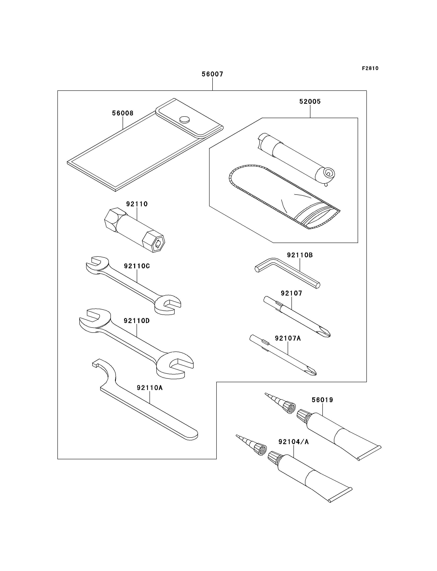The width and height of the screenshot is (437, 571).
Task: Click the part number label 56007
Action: pyautogui.click(x=212, y=74)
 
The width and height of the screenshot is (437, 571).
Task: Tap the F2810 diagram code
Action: pyautogui.click(x=370, y=68)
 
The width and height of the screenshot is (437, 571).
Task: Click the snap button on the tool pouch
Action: pyautogui.click(x=184, y=119)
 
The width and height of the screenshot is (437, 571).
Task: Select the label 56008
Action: pyautogui.click(x=123, y=113)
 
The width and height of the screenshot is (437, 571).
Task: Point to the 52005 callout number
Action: pyautogui.click(x=310, y=102)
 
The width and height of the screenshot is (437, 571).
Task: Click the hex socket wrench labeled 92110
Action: pyautogui.click(x=135, y=230)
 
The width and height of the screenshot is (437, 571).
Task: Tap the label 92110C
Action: pyautogui.click(x=137, y=266)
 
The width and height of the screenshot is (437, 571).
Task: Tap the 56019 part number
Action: pyautogui.click(x=322, y=400)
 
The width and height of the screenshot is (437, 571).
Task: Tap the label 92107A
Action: pyautogui.click(x=288, y=338)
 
